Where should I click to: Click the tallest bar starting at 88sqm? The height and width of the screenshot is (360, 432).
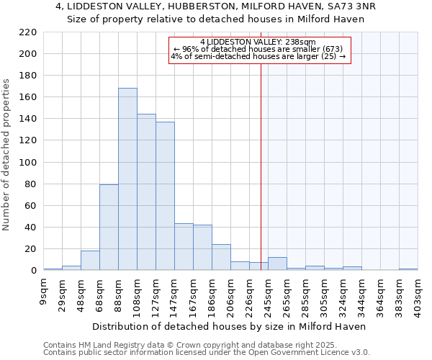[x=127, y=179]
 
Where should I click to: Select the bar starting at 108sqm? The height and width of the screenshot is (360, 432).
[x=146, y=192]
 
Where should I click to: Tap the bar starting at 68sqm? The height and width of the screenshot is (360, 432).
[x=109, y=228]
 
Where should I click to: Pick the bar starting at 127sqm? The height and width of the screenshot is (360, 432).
[x=165, y=196]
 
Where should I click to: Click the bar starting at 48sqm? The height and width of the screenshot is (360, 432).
[x=90, y=261]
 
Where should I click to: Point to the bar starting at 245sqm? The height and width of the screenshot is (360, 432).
[x=277, y=264]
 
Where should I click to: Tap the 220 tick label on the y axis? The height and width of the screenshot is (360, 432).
[x=27, y=32]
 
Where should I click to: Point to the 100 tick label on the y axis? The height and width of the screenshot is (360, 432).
[x=27, y=163]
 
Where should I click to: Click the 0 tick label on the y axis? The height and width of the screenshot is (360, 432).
[x=33, y=271]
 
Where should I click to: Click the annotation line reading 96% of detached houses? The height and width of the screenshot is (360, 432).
[x=258, y=49]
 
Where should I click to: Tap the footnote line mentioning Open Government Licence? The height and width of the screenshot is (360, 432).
[x=207, y=353]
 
